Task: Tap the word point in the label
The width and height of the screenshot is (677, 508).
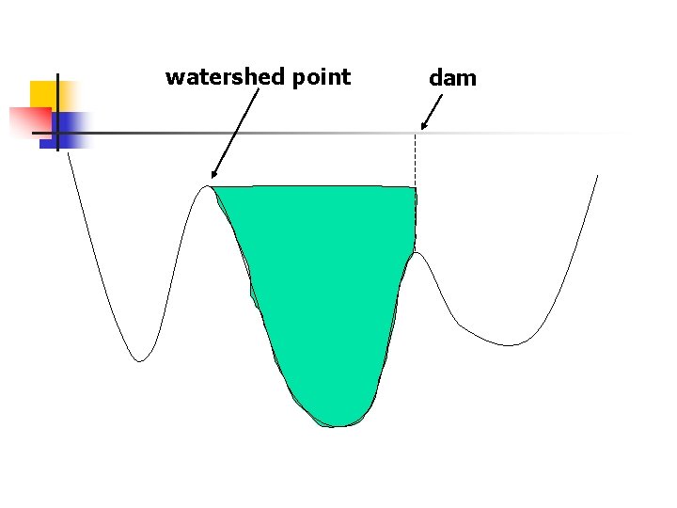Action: coord(321,78)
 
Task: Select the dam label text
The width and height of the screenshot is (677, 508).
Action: coord(452,78)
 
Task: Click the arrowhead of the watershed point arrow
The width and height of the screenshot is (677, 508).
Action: coord(214,174)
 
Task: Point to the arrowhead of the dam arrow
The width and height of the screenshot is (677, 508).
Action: coord(424,125)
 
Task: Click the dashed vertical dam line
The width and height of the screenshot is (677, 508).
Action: coord(416,160)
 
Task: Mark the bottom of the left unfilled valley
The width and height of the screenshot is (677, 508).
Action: coord(139,360)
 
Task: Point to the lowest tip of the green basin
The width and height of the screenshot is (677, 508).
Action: coord(338,425)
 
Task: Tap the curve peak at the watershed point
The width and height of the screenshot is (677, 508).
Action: coord(208,186)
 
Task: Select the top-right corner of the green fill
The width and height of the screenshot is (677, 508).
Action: coord(415,188)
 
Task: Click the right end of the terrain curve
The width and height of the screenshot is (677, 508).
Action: coord(597,176)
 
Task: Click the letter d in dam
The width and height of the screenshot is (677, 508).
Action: coord(435,78)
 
